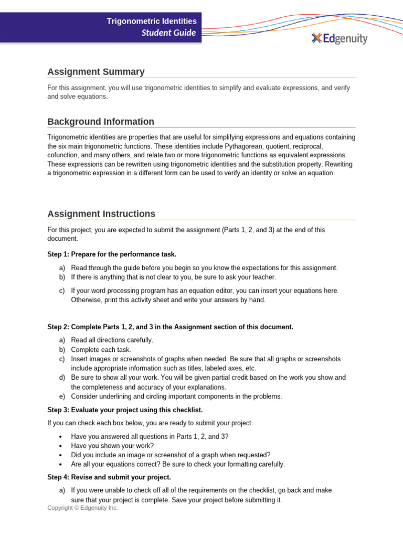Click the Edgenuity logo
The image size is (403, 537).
click(339, 38)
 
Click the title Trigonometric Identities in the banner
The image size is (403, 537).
click(152, 21)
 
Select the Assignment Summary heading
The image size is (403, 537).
click(96, 72)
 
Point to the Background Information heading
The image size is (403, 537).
click(101, 122)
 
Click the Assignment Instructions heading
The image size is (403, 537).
click(101, 214)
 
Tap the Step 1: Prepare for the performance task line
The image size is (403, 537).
click(112, 254)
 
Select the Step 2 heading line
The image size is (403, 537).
click(170, 327)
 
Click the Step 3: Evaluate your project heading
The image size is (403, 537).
click(125, 410)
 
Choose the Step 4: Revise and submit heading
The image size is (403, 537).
click(109, 477)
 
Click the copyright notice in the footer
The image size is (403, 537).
click(82, 508)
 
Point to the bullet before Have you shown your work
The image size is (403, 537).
click(61, 446)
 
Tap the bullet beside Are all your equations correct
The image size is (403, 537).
click(61, 465)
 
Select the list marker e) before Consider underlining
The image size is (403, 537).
click(62, 396)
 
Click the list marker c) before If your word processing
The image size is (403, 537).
click(62, 291)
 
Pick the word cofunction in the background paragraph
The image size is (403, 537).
click(65, 155)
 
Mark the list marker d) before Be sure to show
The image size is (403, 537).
click(62, 378)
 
